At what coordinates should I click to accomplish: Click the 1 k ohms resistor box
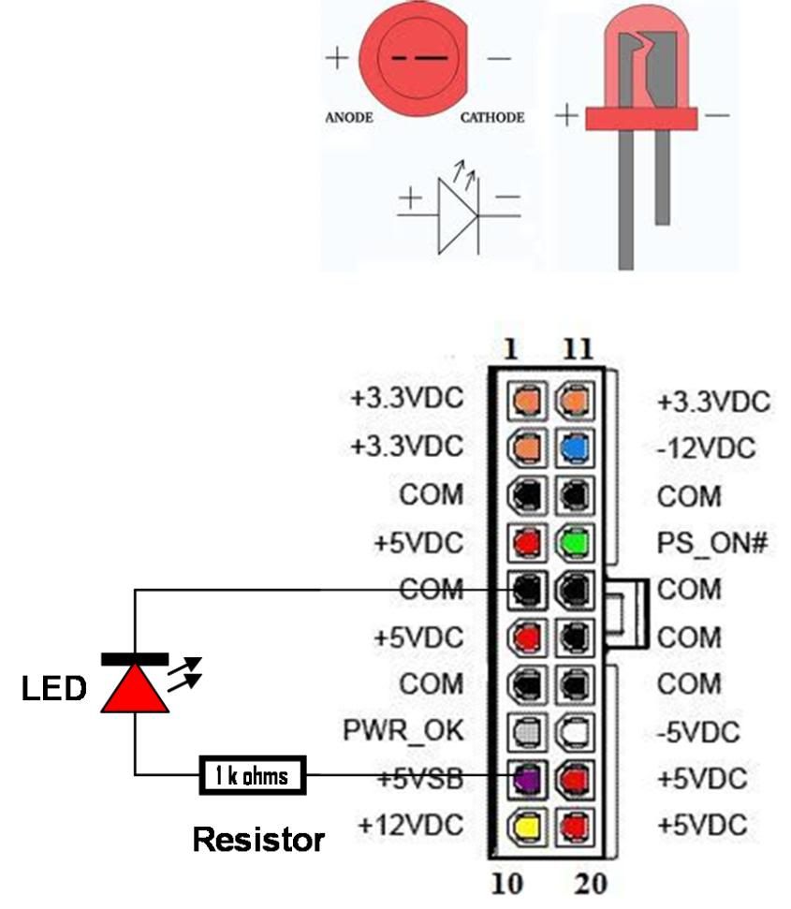tap(252, 775)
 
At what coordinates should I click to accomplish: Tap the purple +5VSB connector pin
tap(526, 777)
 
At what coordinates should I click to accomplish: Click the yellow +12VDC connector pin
tap(526, 825)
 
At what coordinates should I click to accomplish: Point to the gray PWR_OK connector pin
tap(526, 730)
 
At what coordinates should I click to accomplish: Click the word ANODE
tap(349, 118)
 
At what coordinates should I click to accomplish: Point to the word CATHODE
tap(492, 118)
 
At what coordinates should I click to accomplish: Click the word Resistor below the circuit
tap(258, 838)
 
